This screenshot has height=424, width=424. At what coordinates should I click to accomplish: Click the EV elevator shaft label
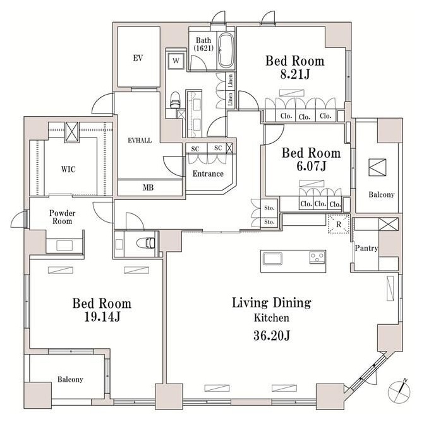click(138, 58)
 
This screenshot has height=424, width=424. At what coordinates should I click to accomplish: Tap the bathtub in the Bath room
click(226, 50)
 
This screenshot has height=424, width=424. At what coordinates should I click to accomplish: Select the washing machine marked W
click(176, 61)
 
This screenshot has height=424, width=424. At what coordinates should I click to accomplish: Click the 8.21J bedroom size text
click(295, 74)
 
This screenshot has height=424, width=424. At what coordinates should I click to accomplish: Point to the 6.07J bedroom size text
click(312, 166)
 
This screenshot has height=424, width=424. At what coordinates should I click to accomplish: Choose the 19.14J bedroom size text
click(102, 317)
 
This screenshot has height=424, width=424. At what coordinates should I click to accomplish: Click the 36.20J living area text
click(272, 336)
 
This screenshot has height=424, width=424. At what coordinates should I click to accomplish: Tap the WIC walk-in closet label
click(68, 169)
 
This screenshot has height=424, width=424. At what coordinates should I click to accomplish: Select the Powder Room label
click(63, 217)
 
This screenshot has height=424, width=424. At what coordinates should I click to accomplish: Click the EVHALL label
click(140, 140)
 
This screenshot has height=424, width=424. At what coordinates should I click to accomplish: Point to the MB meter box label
click(148, 187)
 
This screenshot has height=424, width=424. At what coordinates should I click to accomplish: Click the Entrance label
click(208, 174)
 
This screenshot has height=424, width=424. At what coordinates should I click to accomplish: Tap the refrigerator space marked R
click(339, 225)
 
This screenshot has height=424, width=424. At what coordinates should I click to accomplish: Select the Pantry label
click(366, 248)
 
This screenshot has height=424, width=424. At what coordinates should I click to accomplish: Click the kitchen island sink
click(272, 259)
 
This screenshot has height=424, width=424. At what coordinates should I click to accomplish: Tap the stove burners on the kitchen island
click(317, 257)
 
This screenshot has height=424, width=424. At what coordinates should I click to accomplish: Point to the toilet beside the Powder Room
click(146, 243)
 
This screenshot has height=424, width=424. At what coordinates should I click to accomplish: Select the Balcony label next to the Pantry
click(381, 194)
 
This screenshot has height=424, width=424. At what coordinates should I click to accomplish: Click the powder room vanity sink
click(64, 246)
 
